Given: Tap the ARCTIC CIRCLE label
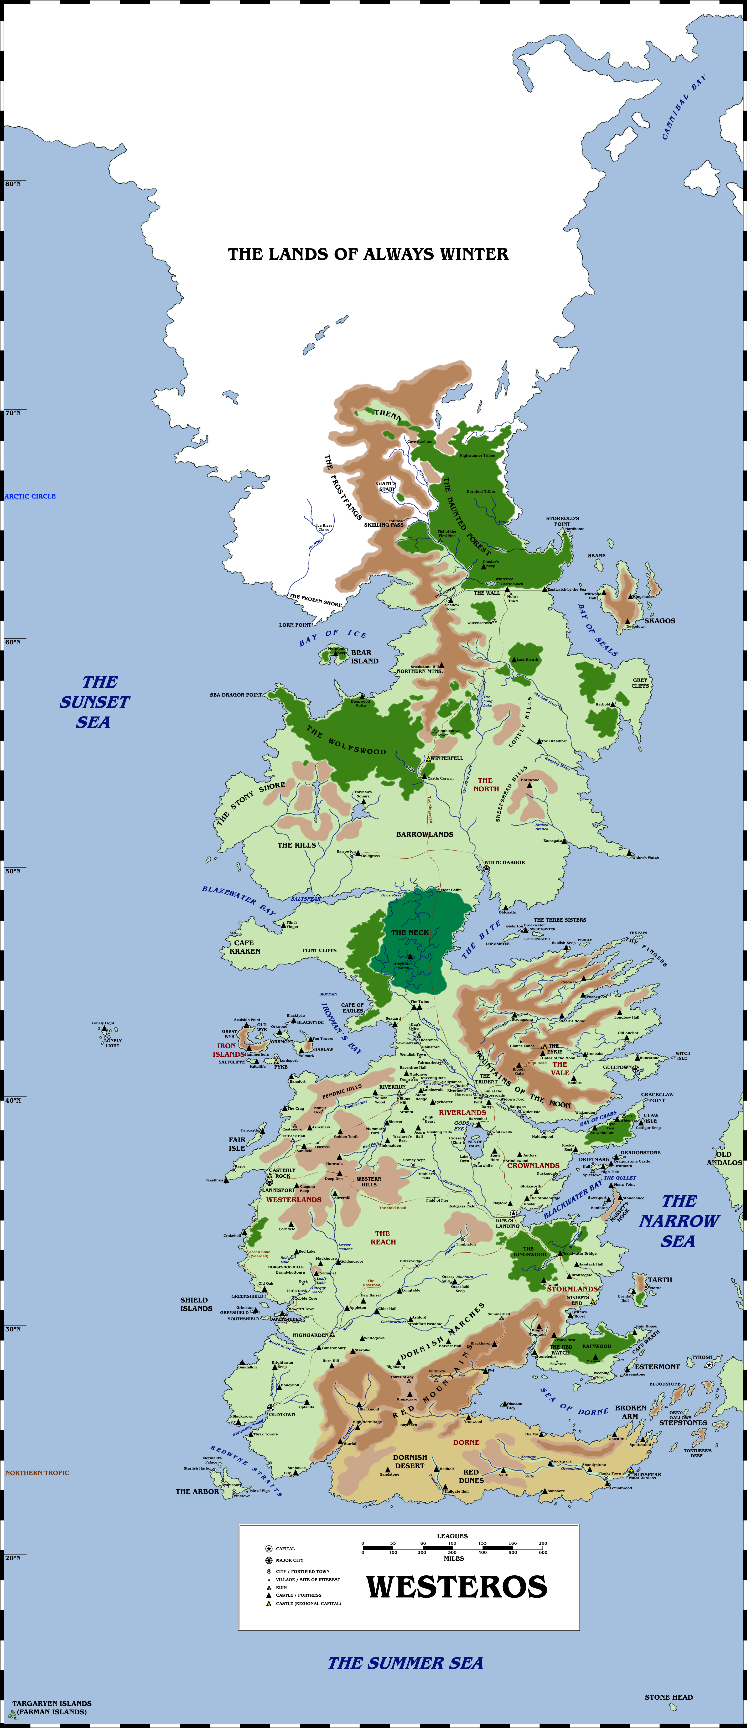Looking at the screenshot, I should pos(30,496).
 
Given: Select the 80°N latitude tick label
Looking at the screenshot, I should pos(13,184).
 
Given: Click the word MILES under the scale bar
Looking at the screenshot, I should pos(453,1558).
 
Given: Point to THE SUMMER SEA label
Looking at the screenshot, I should pos(405,1663).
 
